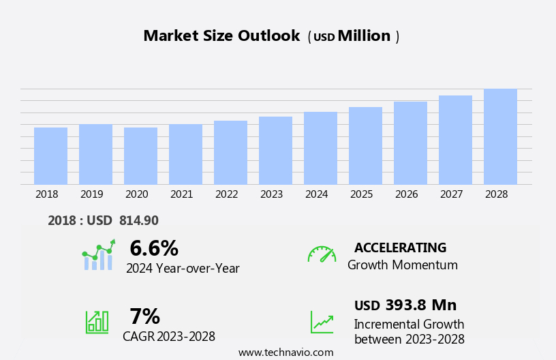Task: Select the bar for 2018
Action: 50,156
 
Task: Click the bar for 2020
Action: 140,156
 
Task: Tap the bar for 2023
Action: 275,151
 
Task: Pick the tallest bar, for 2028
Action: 500,137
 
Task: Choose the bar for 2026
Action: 410,143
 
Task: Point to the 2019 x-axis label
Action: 91,194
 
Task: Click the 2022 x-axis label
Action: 226,194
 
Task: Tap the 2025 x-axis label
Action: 361,194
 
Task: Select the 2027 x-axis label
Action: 451,194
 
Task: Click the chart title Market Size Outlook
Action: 221,36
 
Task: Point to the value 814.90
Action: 138,221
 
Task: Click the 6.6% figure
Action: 153,248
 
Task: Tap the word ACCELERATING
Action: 400,248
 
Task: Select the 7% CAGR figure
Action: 144,316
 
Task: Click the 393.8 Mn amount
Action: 420,305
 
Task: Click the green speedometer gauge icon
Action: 322,254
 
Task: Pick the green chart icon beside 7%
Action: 97,321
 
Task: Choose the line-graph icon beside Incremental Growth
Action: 322,322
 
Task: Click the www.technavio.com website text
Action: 285,352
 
